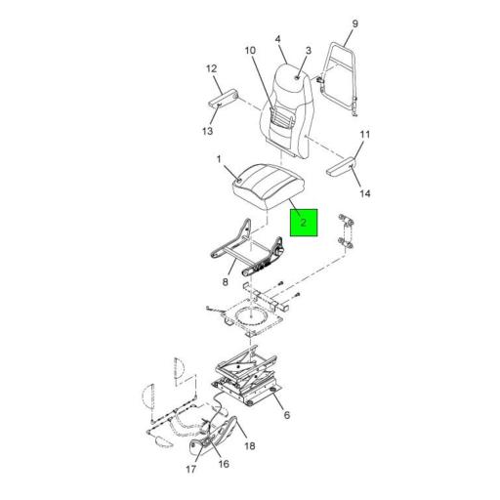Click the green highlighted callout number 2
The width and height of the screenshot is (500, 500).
[x=303, y=223]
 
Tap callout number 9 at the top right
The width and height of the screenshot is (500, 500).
[x=354, y=23]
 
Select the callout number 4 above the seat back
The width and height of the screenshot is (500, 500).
[x=277, y=39]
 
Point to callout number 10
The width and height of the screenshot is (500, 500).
[x=250, y=51]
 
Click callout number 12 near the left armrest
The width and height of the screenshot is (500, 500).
[x=211, y=68]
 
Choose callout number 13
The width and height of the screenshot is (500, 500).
[x=207, y=131]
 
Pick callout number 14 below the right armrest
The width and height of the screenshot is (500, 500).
[x=365, y=193]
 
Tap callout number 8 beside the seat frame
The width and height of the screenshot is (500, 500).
[x=226, y=282]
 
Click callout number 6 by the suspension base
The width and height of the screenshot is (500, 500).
[x=286, y=415]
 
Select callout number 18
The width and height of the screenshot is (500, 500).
[x=250, y=445]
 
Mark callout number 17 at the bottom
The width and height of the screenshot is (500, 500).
[x=191, y=469]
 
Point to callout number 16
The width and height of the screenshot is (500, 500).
[x=224, y=464]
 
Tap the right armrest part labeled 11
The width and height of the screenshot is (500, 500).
[x=341, y=166]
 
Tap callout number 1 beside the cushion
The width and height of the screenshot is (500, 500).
[x=219, y=159]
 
